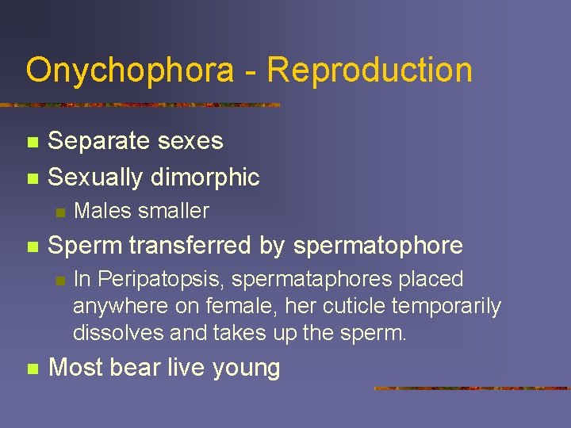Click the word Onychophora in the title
click(130, 70)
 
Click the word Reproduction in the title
click(370, 70)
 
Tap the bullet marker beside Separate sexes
click(32, 143)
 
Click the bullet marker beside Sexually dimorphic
click(32, 178)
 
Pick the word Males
click(102, 211)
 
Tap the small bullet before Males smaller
click(59, 212)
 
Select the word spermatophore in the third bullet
click(377, 246)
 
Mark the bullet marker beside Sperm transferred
click(32, 246)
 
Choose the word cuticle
click(374, 306)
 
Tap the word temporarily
click(457, 306)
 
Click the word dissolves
click(118, 333)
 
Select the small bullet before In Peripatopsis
click(59, 280)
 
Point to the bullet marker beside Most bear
click(32, 369)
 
